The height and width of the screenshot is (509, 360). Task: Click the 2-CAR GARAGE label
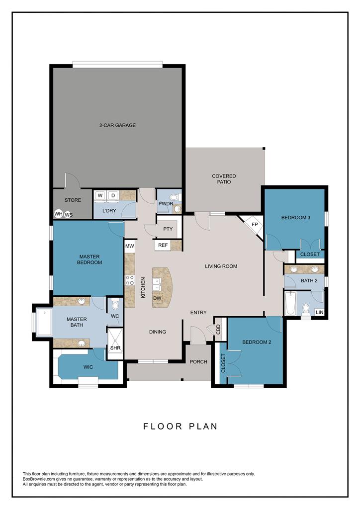[x=117, y=125]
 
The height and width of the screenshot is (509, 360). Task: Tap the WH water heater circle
[x=59, y=214]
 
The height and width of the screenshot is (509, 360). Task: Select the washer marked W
[x=100, y=196]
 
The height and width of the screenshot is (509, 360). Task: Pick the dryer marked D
[x=113, y=196]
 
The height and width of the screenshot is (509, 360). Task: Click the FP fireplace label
[x=255, y=225]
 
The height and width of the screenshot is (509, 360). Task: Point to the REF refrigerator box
[x=163, y=246]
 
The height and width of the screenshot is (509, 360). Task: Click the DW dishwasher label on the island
[x=157, y=298]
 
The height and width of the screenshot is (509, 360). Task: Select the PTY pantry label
[x=168, y=229]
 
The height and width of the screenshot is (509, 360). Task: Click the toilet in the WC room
[x=115, y=305]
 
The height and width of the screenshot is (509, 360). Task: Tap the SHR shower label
[x=115, y=348]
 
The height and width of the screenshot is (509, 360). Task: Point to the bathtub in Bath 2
[x=290, y=303]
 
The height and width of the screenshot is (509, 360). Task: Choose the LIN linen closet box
[x=319, y=312]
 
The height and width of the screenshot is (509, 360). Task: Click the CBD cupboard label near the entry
[x=218, y=330]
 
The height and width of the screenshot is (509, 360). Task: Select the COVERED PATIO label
[x=224, y=179]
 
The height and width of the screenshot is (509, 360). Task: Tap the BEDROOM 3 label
[x=296, y=218]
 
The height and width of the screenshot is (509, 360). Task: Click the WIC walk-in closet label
[x=89, y=367]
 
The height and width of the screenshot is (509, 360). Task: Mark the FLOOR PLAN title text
[x=180, y=426]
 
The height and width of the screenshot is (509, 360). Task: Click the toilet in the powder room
[x=175, y=197]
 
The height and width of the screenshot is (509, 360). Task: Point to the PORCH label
[x=198, y=362]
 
